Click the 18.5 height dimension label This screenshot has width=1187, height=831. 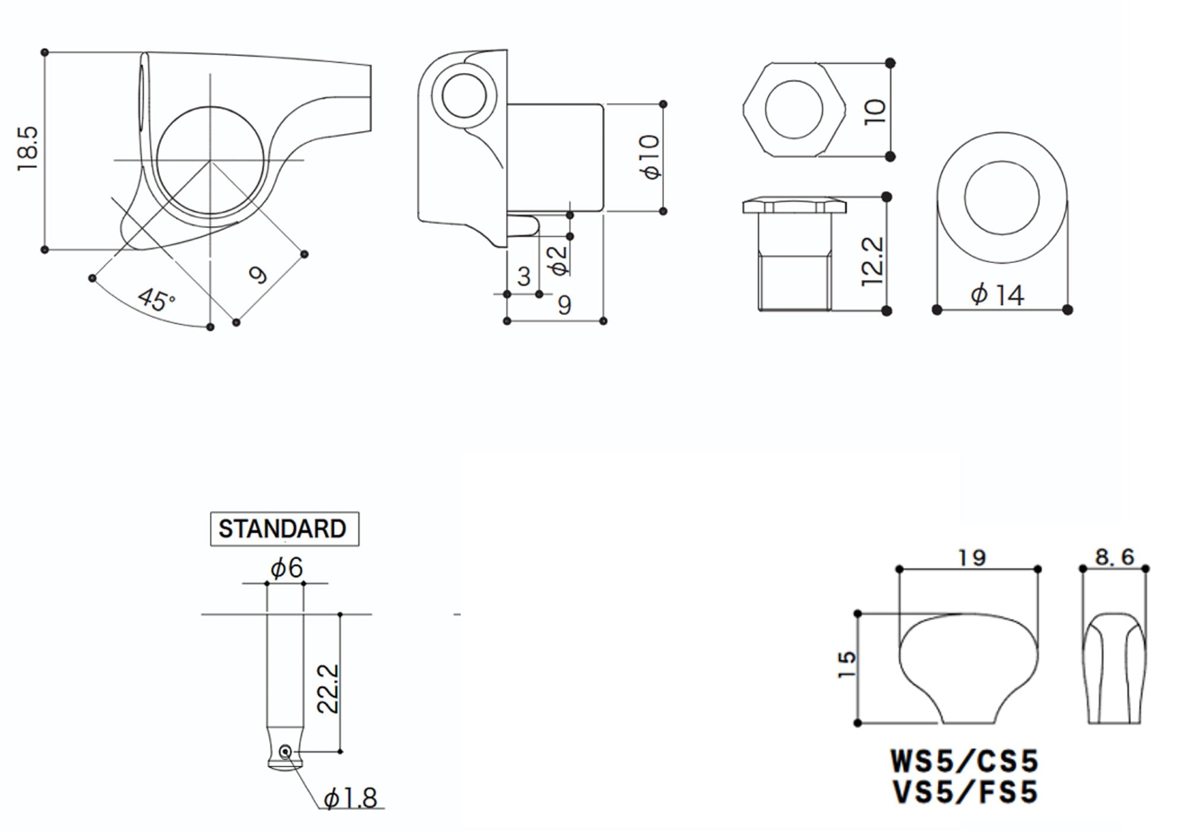[x=28, y=149]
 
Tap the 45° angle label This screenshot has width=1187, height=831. [x=156, y=300]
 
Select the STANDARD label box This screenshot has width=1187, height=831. [x=284, y=529]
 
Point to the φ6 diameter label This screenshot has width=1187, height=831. [x=287, y=568]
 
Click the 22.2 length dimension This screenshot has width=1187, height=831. [x=328, y=689]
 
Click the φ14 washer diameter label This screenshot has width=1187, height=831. [x=998, y=295]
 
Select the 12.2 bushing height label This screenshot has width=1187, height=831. [x=872, y=262]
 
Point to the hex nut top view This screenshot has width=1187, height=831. [x=794, y=110]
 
